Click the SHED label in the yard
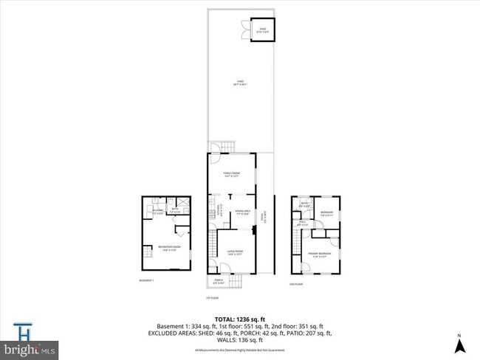(x=261, y=30)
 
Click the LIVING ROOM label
(x=234, y=253)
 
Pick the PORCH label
(x=219, y=280)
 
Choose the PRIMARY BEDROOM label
(x=319, y=255)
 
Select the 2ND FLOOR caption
(x=296, y=283)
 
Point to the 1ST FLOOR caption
(x=213, y=298)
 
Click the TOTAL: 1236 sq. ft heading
(x=239, y=319)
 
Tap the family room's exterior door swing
(x=216, y=156)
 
